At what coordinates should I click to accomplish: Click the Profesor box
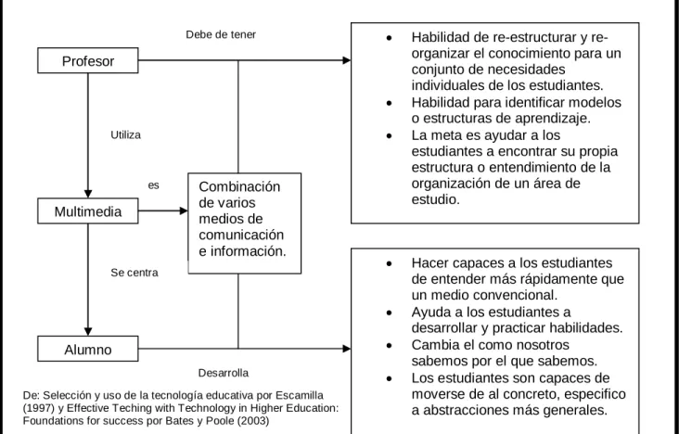pyautogui.click(x=88, y=60)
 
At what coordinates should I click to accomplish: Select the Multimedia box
pyautogui.click(x=88, y=211)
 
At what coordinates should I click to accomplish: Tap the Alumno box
pyautogui.click(x=88, y=349)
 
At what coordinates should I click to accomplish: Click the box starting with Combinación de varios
pyautogui.click(x=245, y=223)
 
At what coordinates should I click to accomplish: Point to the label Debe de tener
pyautogui.click(x=221, y=34)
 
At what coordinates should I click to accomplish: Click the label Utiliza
pyautogui.click(x=125, y=135)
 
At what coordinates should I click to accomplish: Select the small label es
pyautogui.click(x=154, y=185)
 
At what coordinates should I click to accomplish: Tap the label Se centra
pyautogui.click(x=135, y=273)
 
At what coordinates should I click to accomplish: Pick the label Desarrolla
pyautogui.click(x=224, y=373)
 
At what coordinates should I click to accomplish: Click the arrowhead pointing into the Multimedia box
pyautogui.click(x=88, y=194)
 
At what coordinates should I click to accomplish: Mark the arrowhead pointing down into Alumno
pyautogui.click(x=88, y=331)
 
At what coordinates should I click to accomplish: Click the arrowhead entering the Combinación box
pyautogui.click(x=184, y=211)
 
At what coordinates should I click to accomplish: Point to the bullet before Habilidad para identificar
pyautogui.click(x=389, y=103)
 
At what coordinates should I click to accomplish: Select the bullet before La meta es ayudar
pyautogui.click(x=389, y=136)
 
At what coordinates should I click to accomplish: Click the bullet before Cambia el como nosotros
pyautogui.click(x=389, y=346)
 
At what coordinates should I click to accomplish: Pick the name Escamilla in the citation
pyautogui.click(x=300, y=395)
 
